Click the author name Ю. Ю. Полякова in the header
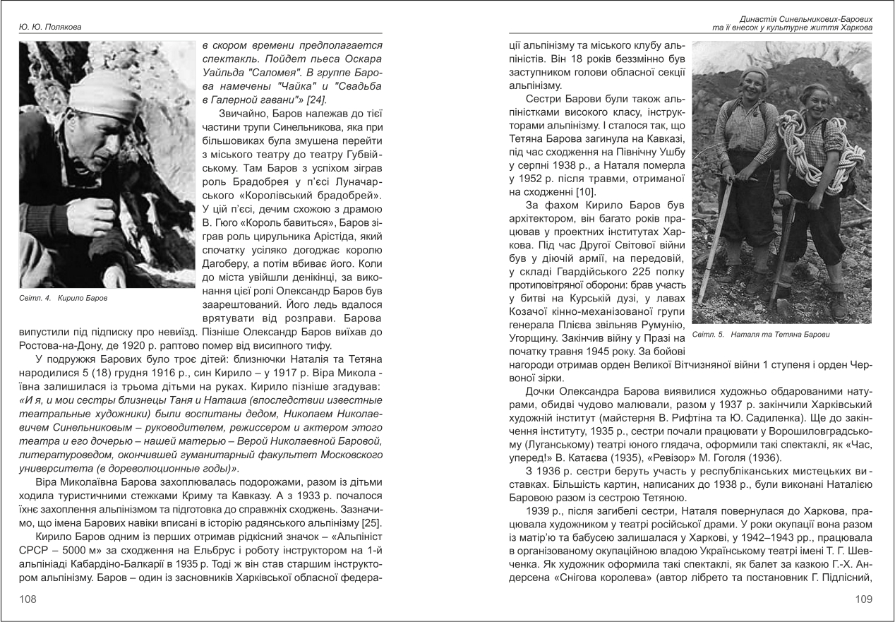(x=49, y=28)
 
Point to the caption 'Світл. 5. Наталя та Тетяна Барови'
(x=762, y=333)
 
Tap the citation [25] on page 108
(x=371, y=522)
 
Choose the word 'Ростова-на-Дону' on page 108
(x=61, y=345)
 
